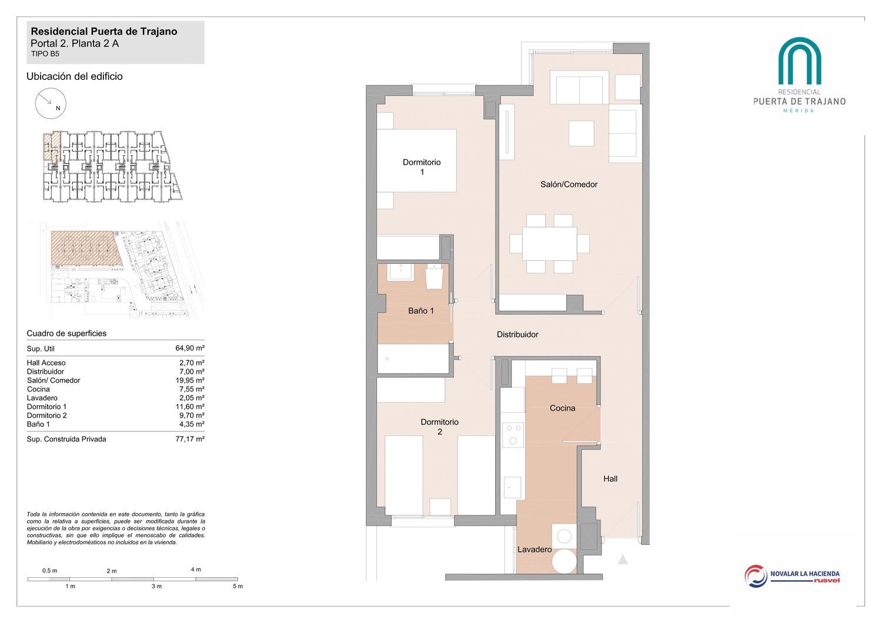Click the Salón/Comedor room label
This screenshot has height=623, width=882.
click(569, 184)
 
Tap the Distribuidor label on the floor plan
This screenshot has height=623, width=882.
click(517, 334)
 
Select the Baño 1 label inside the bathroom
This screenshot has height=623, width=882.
click(421, 310)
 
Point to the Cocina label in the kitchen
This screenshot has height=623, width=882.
click(562, 408)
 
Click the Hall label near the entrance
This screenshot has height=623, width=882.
click(610, 478)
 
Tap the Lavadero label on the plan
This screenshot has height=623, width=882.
click(534, 550)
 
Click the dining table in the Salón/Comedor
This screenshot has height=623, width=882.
click(550, 243)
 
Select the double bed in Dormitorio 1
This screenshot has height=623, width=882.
click(416, 160)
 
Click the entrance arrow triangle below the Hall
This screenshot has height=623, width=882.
click(623, 560)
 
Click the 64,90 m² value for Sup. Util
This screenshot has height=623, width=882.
click(190, 348)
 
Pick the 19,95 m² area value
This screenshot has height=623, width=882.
click(190, 380)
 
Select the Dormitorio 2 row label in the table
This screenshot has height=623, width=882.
click(47, 415)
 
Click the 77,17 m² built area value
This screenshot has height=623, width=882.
click(190, 439)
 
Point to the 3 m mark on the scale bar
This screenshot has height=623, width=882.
click(156, 586)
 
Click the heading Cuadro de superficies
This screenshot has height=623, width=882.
click(66, 333)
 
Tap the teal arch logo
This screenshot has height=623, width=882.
click(799, 61)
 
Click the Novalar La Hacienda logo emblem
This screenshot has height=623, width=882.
click(756, 576)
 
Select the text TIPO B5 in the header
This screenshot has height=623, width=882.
click(45, 54)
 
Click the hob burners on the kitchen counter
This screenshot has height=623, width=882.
click(513, 434)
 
